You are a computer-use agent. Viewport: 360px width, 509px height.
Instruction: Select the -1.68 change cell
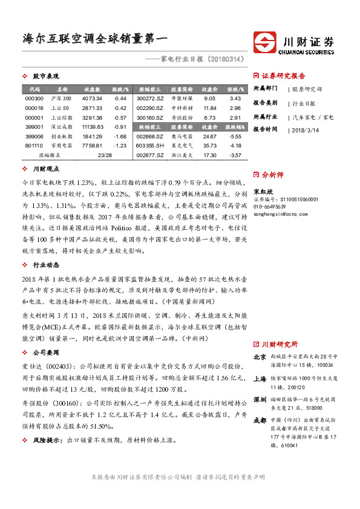tap(119, 136)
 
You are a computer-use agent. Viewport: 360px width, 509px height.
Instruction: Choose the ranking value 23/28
tap(105, 155)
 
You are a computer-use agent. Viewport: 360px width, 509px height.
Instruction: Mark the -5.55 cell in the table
tap(235, 136)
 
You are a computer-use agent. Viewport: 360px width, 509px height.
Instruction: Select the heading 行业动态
tap(45, 265)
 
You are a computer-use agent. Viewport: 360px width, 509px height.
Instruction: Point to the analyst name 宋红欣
tap(263, 190)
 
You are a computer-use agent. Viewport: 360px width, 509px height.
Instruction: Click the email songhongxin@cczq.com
tap(276, 213)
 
